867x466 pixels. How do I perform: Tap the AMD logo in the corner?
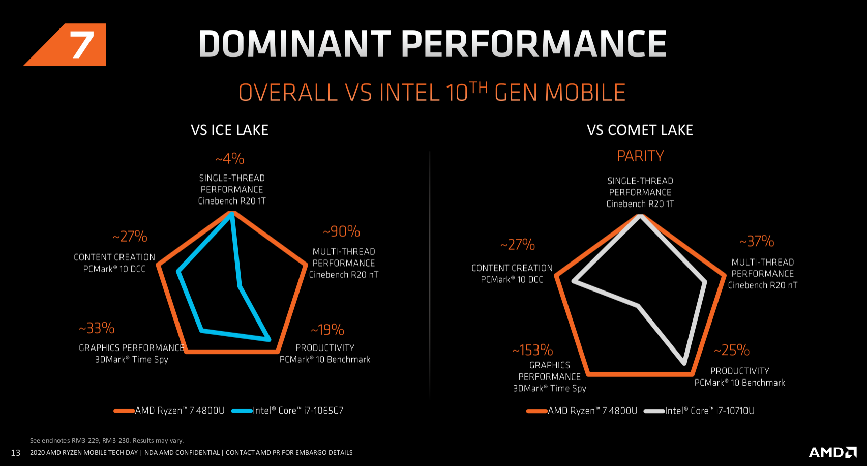(832, 452)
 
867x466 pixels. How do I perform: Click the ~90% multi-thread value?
(342, 232)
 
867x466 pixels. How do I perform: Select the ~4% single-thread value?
(230, 159)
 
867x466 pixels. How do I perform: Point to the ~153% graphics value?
(532, 350)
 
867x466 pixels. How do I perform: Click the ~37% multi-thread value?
(757, 241)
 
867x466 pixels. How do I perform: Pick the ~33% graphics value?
(97, 328)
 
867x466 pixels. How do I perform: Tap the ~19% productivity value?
(327, 330)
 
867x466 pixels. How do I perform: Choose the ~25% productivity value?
(732, 350)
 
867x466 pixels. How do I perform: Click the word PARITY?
(640, 156)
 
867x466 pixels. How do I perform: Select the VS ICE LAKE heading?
(229, 130)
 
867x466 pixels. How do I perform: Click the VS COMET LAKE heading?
(640, 130)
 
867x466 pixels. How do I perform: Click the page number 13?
(16, 453)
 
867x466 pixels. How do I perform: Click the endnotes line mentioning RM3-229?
(107, 441)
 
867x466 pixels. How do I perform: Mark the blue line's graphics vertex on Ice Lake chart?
(202, 331)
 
